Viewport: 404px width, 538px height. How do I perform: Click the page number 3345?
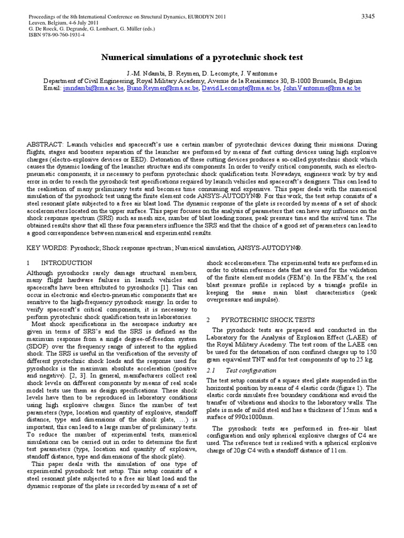367,17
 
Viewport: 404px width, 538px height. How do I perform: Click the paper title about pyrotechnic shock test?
202,57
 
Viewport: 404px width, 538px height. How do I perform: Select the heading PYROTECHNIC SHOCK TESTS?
268,319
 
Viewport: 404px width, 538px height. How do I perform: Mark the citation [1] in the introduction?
165,288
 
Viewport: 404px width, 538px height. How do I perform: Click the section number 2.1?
212,370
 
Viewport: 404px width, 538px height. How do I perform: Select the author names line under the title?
201,72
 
